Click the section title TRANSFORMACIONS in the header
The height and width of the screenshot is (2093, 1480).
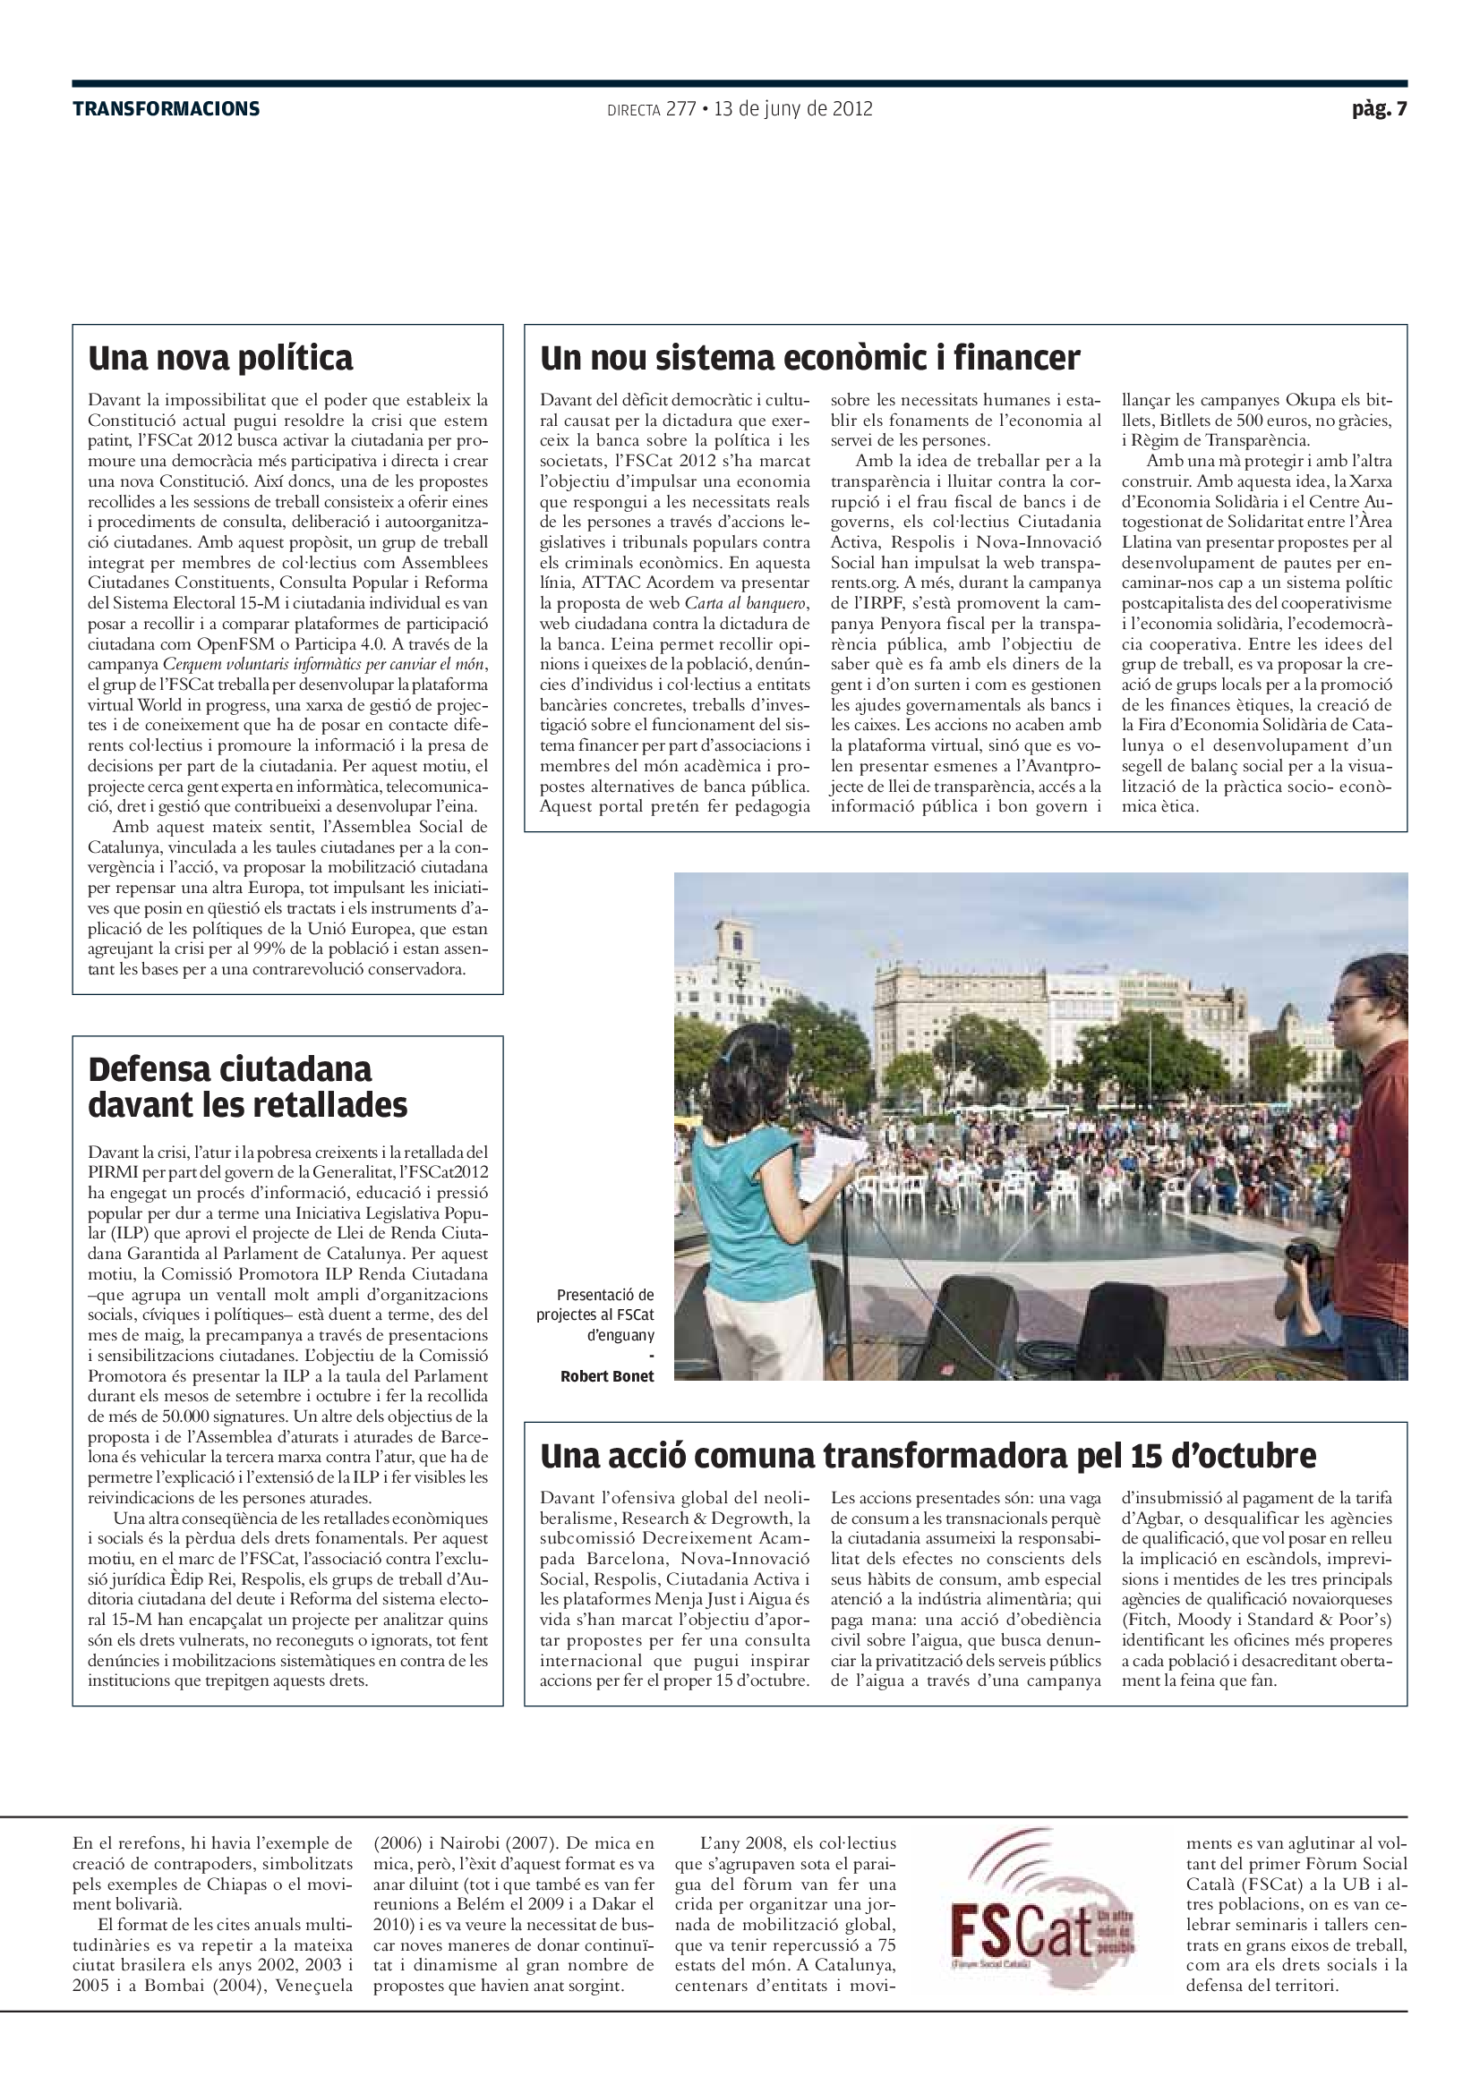166,109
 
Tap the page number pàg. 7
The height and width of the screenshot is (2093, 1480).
1379,109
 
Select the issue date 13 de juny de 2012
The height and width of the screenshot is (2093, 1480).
792,109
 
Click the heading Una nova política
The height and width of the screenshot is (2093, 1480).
219,357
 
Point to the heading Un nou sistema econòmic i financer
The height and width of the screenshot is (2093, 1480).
809,357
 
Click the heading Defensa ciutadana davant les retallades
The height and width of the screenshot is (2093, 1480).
247,1086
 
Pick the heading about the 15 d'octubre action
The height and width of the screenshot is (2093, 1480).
928,1456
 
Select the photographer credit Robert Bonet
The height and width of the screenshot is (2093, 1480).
606,1376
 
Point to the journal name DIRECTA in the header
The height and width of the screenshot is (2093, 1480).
633,110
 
